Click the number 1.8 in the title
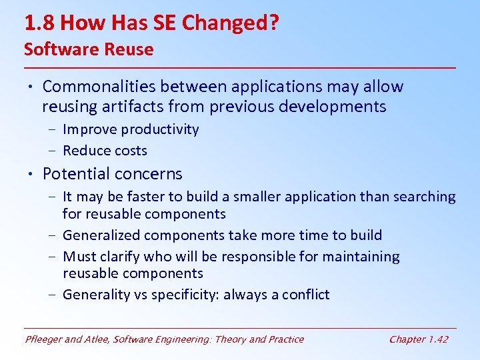[41, 24]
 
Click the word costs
[131, 151]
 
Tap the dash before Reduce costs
[53, 151]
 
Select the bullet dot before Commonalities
[31, 87]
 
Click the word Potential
[75, 174]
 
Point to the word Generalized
[100, 235]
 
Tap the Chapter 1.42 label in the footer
[418, 339]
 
